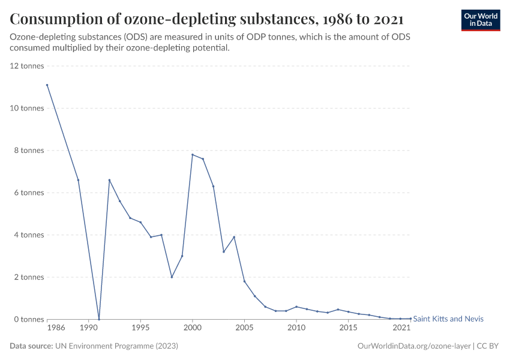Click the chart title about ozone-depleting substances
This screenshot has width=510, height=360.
[x=206, y=19]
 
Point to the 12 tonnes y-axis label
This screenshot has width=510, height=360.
[x=28, y=66]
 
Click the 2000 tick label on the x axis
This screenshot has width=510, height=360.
[x=192, y=329]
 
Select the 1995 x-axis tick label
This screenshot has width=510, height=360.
[x=140, y=329]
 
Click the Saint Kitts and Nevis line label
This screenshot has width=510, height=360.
[x=448, y=319]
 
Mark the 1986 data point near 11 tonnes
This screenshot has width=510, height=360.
[x=47, y=85]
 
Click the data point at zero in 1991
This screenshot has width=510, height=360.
[x=99, y=319]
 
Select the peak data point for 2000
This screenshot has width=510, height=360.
[x=192, y=155]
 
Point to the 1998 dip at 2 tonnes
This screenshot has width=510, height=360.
[x=172, y=277]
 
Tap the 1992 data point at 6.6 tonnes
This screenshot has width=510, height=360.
[x=109, y=180]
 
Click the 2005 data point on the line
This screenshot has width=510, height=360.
[x=244, y=281]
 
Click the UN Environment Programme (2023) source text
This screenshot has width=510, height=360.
[x=116, y=346]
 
